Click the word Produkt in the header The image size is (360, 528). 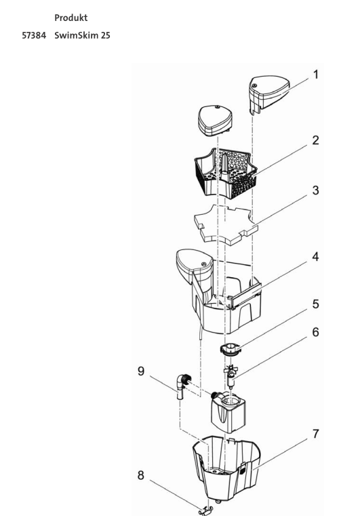point(71,18)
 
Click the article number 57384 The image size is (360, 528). point(34,35)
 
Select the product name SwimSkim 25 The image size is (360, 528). point(82,35)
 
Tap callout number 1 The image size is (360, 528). point(315,75)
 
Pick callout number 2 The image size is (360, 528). point(315,140)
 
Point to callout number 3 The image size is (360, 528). point(315,190)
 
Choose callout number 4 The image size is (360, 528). point(315,257)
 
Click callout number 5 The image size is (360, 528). point(315,304)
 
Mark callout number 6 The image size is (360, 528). point(315,332)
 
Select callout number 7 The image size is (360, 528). point(315,434)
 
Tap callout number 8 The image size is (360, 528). point(141,475)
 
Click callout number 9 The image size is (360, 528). point(141,371)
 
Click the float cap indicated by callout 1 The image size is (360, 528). point(268,94)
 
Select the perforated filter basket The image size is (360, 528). point(223,173)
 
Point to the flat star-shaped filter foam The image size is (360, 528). point(226,224)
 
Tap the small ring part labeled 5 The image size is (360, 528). point(230,348)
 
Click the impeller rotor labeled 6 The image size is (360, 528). point(231,376)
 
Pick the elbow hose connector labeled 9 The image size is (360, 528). point(182,386)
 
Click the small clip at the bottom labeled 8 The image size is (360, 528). point(205,512)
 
